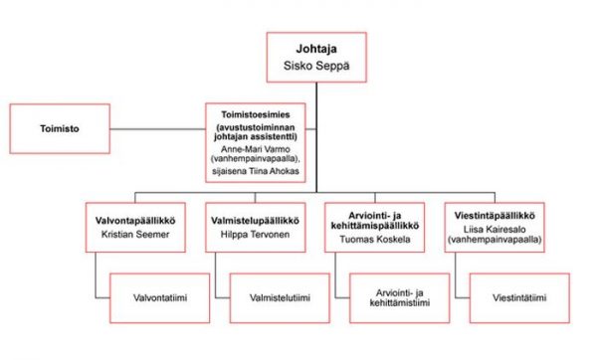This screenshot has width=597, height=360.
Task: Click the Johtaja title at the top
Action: click(316, 49)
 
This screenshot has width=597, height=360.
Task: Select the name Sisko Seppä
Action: click(316, 66)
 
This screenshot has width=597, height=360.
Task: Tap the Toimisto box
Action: click(60, 128)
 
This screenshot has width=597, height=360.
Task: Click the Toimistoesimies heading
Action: click(256, 114)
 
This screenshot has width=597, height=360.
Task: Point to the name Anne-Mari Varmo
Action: click(256, 149)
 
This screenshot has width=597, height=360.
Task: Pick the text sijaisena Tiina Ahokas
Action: click(256, 171)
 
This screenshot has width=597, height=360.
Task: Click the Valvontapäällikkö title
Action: click(135, 221)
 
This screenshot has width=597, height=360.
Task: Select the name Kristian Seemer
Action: click(135, 235)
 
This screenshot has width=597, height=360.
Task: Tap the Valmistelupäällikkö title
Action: click(255, 221)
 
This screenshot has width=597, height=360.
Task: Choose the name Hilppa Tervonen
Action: click(255, 235)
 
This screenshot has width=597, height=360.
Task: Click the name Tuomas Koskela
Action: click(375, 240)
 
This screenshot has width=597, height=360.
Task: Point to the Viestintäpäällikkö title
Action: click(495, 216)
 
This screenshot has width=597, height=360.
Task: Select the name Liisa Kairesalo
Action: click(495, 230)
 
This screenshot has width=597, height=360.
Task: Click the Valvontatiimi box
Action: click(160, 298)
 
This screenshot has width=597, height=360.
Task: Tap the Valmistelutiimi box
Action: click(280, 298)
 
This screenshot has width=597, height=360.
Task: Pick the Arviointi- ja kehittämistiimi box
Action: click(400, 298)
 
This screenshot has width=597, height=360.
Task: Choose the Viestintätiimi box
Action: click(519, 298)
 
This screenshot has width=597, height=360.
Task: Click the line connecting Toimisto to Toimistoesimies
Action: click(157, 129)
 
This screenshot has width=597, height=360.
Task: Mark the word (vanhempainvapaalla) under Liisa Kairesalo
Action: click(495, 240)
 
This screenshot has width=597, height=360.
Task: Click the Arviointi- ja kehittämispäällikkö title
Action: click(375, 221)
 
